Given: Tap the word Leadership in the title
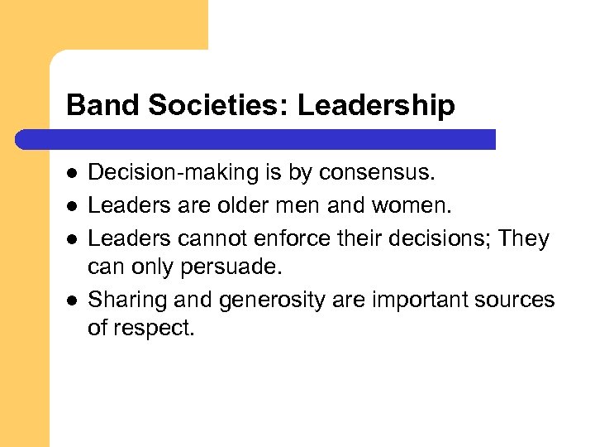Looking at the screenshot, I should [x=376, y=105].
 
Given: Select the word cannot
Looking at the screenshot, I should [x=223, y=238].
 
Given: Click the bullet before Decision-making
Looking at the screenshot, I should [x=72, y=174].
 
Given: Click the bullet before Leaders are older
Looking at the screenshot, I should [x=72, y=206].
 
